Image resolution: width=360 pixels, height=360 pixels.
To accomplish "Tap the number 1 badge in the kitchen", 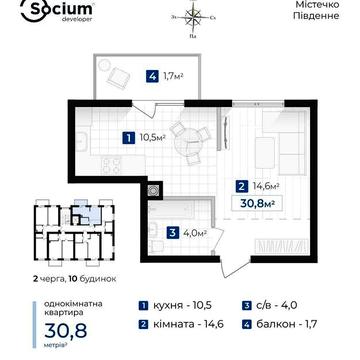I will tap(127, 138).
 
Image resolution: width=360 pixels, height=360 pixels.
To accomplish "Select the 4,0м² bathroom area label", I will tap(194, 233).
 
